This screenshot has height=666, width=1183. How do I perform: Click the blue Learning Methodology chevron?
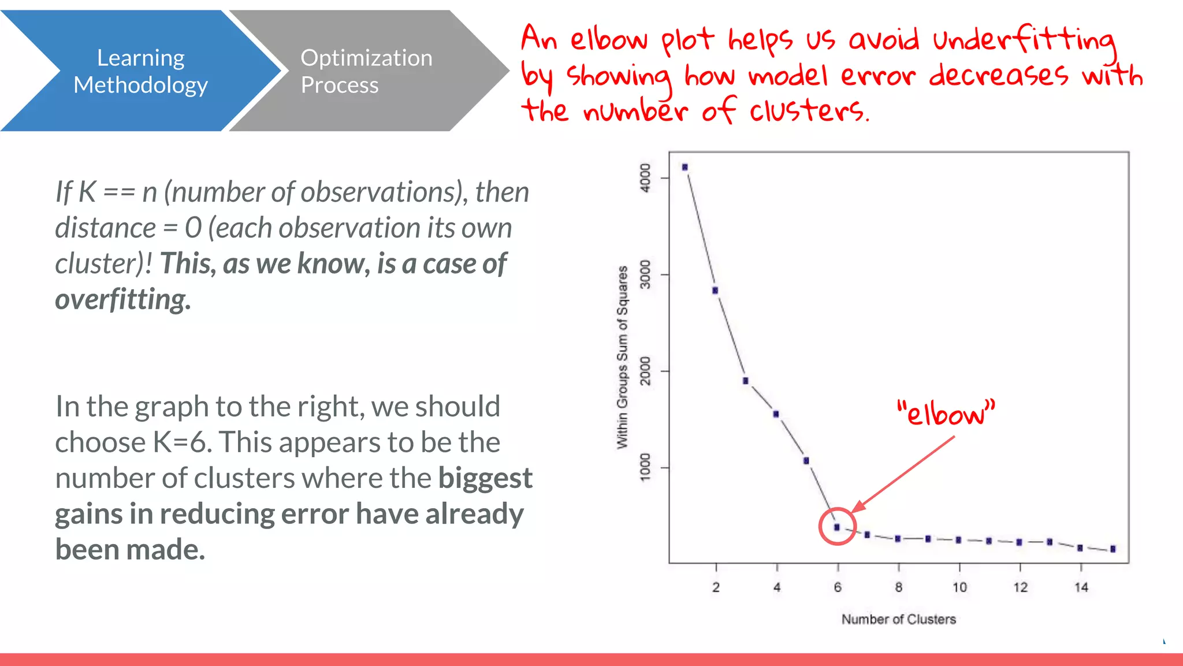coord(140,71)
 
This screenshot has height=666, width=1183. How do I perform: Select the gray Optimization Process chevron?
coord(366,71)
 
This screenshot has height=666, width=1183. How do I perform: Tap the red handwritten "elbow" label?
coord(946,413)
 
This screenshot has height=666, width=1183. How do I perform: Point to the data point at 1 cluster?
coord(685,167)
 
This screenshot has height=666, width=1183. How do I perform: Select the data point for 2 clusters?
coord(715,290)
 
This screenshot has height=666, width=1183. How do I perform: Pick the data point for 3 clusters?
coord(746,381)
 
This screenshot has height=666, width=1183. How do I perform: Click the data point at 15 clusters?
coord(1113,549)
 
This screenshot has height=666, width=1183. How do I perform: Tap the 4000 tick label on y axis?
coord(645,177)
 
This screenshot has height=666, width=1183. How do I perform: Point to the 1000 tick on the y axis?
coord(645,467)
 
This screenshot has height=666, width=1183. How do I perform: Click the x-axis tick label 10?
coord(959,587)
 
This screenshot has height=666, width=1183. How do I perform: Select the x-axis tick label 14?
coord(1081,587)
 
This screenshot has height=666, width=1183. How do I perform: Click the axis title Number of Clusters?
coord(898,619)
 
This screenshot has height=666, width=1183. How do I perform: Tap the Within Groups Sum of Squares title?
coord(622,357)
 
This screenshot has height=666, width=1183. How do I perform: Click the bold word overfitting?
coord(122,299)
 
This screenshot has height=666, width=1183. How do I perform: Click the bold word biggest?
coord(485,478)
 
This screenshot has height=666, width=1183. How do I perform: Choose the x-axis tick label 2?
coord(716,587)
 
